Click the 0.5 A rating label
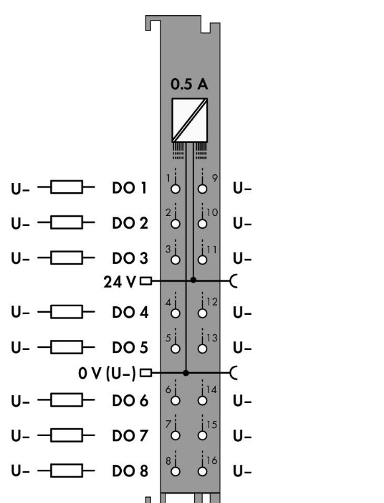189,84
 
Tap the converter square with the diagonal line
190,121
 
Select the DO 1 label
130,188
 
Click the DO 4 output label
130,312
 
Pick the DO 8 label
130,471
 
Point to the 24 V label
120,282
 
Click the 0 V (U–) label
107,373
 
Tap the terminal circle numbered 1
175,189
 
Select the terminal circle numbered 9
202,189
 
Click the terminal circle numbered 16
202,472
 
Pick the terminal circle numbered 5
175,349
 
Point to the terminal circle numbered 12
202,313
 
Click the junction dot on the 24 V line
193,280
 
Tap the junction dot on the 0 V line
186,373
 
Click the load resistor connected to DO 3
66,258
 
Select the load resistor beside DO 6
66,400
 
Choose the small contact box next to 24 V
146,281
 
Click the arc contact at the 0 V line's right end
233,372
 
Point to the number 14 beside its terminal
212,390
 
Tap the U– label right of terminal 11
242,258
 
